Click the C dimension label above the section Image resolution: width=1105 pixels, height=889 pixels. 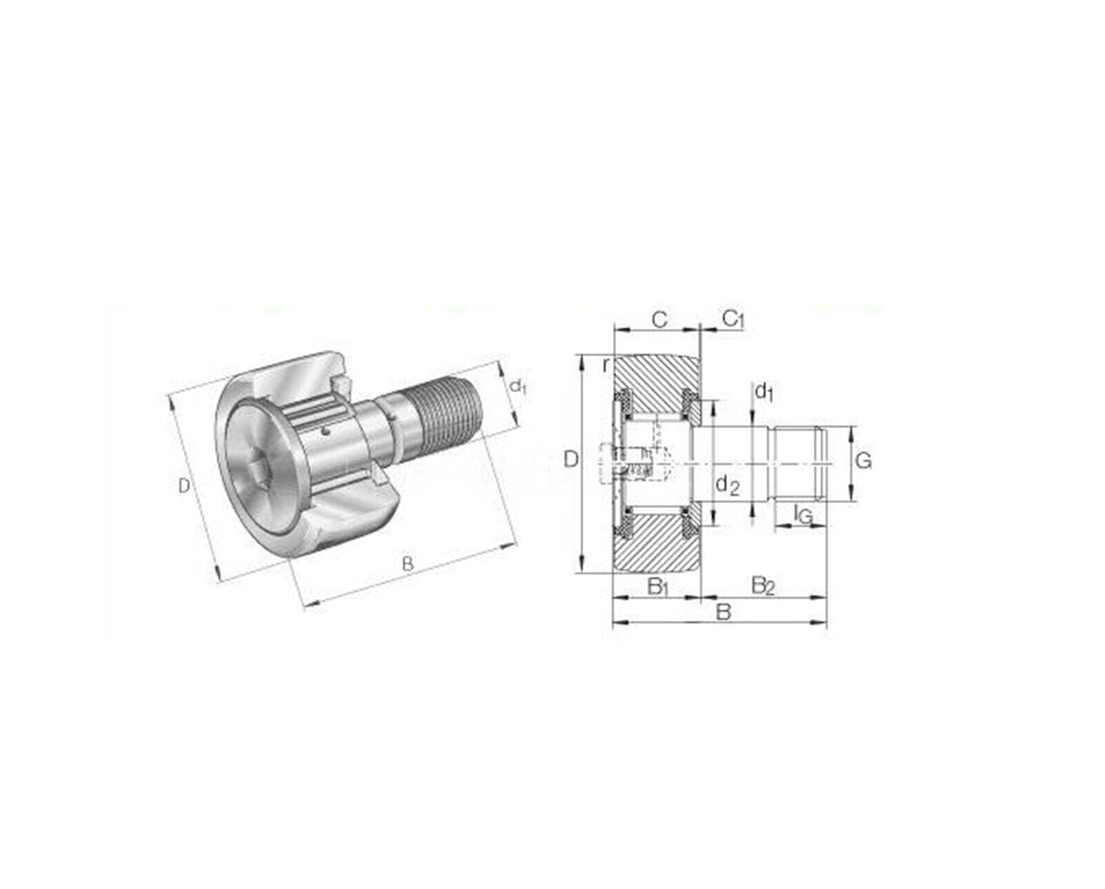click(x=660, y=320)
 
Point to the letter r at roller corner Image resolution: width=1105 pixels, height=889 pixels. click(x=606, y=365)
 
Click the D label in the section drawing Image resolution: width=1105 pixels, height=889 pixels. click(x=570, y=459)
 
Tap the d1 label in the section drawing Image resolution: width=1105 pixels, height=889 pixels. click(x=763, y=393)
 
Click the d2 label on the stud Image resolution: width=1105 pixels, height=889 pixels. click(x=727, y=485)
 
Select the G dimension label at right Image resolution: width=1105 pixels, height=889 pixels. click(x=863, y=460)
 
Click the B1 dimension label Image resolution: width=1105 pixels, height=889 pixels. click(x=657, y=587)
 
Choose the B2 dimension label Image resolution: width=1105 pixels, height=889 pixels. click(x=763, y=587)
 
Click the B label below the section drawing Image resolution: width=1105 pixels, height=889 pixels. click(x=723, y=612)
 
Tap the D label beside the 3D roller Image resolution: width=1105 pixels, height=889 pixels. click(x=184, y=487)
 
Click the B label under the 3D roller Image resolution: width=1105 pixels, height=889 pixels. click(x=407, y=565)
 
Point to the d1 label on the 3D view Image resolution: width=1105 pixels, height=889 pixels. click(x=518, y=387)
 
